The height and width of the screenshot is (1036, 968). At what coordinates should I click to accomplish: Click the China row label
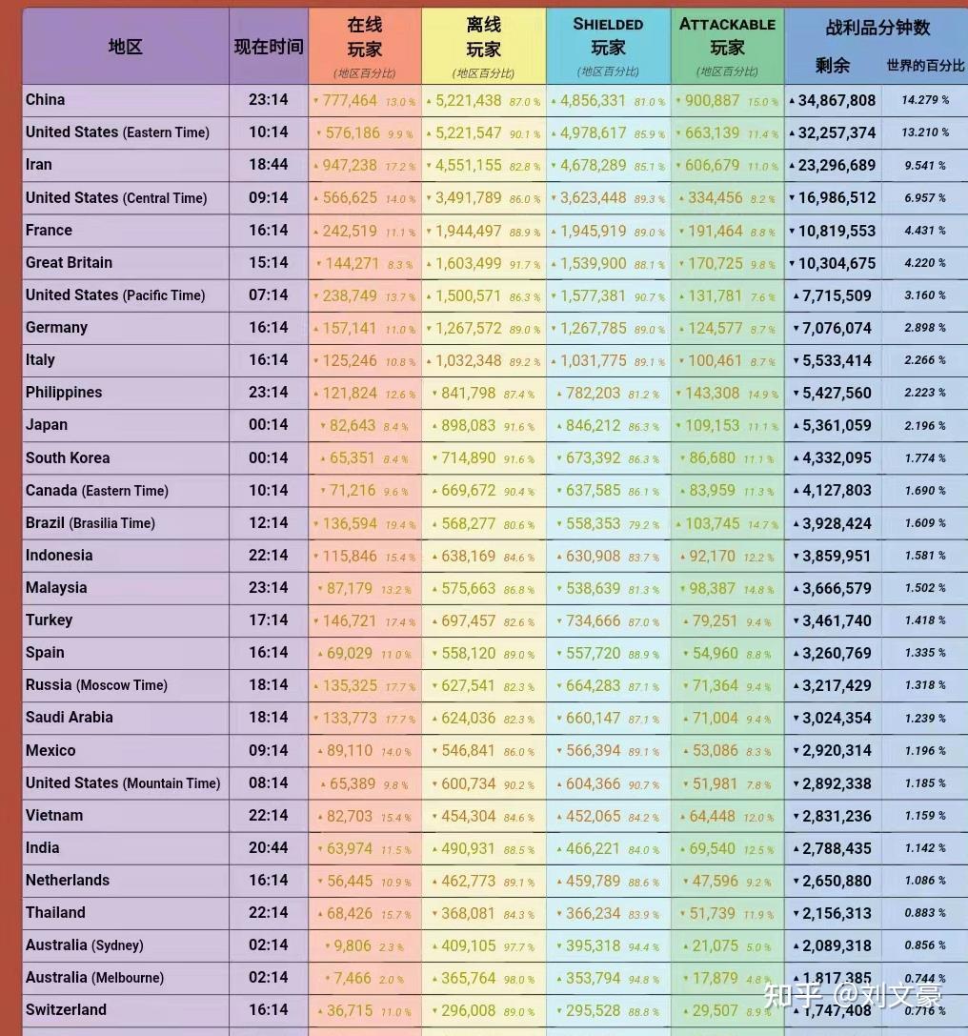click(46, 100)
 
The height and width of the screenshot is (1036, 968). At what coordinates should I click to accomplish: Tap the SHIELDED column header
click(608, 25)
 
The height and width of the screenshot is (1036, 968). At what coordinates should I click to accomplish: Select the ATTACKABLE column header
click(727, 25)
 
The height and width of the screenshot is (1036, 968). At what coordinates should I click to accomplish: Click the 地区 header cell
click(126, 47)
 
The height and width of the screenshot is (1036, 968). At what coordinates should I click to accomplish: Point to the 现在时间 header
click(269, 47)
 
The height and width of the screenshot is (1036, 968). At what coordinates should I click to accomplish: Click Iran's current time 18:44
click(269, 165)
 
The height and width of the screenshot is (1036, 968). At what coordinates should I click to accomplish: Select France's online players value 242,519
click(350, 231)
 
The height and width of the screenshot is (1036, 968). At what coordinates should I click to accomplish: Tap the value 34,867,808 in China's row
click(837, 100)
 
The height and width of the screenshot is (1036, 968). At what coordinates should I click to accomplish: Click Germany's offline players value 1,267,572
click(468, 328)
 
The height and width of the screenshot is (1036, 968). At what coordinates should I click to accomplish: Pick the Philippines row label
click(64, 393)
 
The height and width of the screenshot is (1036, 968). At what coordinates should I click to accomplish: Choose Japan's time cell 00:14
click(269, 425)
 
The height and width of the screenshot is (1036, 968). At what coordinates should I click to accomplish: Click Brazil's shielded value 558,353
click(594, 523)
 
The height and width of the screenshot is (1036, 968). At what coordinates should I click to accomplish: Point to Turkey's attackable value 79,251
click(715, 620)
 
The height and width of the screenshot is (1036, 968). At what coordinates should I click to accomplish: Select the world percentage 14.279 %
click(925, 100)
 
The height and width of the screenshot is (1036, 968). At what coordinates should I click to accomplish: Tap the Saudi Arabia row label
click(70, 718)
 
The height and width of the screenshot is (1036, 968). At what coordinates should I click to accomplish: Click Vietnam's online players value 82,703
click(350, 816)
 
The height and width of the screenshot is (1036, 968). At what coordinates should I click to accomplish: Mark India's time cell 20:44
click(269, 848)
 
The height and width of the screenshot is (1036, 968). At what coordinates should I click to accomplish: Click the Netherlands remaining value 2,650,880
click(837, 881)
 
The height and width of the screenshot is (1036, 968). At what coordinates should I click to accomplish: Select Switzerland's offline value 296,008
click(469, 1010)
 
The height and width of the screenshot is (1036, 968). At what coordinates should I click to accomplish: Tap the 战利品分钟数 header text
click(877, 29)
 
